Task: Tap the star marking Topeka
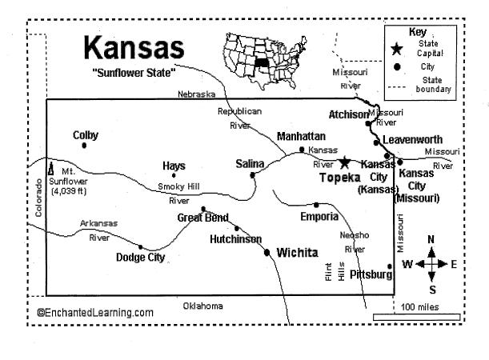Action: coord(345,162)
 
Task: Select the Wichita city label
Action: coord(297,253)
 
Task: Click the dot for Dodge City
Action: coord(142,246)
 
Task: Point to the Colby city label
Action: coord(86,135)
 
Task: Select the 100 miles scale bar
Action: coord(416,316)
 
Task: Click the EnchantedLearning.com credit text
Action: coord(95,312)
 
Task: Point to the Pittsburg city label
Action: coord(371,274)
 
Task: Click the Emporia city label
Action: coord(314,217)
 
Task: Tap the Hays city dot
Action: coord(174,175)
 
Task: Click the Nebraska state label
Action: coord(196,94)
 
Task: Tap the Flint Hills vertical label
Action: coord(333,272)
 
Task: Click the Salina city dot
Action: coord(253,174)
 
